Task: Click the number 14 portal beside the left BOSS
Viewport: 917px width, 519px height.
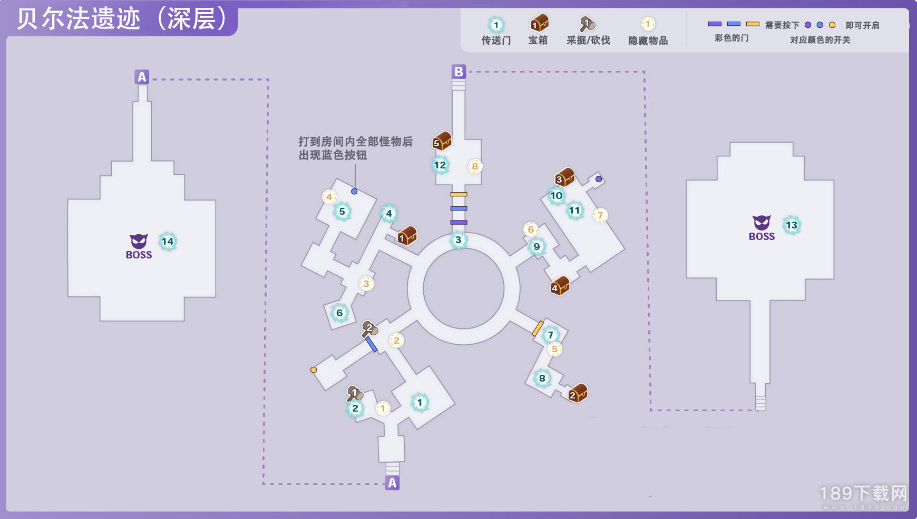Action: tap(168, 242)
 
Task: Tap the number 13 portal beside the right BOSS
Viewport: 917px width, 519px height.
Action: tap(792, 225)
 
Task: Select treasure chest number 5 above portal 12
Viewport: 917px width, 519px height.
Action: tap(442, 141)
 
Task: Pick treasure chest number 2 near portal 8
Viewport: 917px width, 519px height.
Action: tap(578, 393)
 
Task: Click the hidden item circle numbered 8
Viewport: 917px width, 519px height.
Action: tap(475, 166)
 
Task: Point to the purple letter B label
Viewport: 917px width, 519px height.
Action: tap(458, 72)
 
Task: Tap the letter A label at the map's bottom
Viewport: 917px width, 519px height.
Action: tap(392, 483)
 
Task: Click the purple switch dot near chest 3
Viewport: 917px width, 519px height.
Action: tap(599, 179)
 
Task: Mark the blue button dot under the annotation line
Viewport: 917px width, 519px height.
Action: tap(354, 192)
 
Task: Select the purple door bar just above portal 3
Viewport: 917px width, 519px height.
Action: tap(458, 222)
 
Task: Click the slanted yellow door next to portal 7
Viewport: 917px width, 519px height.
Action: tap(538, 328)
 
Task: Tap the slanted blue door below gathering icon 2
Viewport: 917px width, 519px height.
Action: tap(372, 344)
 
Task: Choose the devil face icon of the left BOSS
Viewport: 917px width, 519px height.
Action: tap(139, 241)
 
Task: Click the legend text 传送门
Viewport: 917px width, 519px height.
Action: tap(496, 41)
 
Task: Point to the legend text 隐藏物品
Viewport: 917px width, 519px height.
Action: tap(648, 41)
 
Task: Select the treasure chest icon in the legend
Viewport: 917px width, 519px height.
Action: tap(539, 23)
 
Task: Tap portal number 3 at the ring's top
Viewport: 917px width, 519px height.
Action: tap(458, 240)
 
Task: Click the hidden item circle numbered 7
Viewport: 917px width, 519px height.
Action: tap(600, 215)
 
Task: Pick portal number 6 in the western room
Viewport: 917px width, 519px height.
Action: tap(339, 313)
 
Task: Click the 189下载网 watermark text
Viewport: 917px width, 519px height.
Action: tap(863, 493)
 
